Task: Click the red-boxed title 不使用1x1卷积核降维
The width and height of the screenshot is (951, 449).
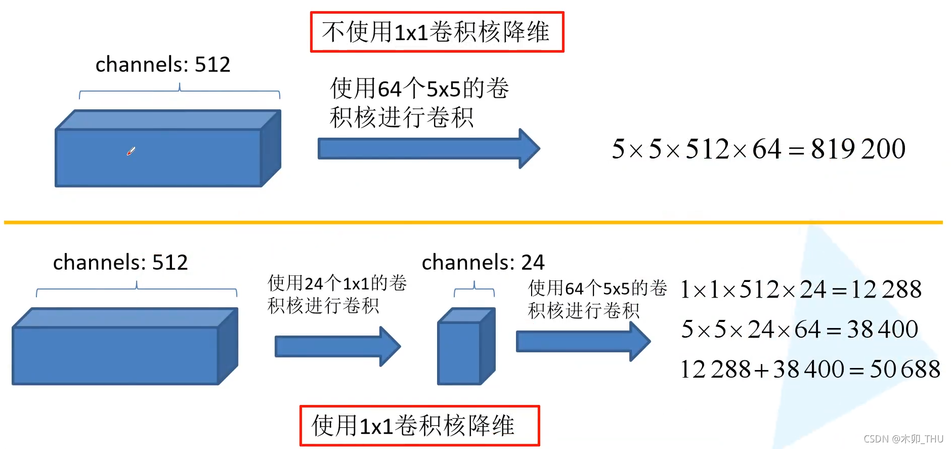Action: (x=437, y=32)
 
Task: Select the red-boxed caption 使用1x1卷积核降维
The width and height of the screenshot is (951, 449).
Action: (x=419, y=425)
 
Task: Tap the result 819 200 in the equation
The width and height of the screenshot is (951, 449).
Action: (x=858, y=149)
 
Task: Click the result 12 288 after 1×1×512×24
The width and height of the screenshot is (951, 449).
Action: (x=886, y=290)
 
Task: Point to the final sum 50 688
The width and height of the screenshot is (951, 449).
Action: (x=904, y=369)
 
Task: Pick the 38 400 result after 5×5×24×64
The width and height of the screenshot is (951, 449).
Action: (x=882, y=329)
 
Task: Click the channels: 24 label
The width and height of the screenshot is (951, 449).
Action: (x=483, y=262)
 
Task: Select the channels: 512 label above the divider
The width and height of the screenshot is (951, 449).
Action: (x=162, y=64)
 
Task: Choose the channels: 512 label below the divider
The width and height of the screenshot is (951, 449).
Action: (x=120, y=262)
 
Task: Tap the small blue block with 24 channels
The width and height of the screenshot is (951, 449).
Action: (x=465, y=347)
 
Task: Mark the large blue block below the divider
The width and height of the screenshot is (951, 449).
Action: (x=124, y=347)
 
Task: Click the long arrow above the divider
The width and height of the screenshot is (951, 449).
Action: (x=428, y=149)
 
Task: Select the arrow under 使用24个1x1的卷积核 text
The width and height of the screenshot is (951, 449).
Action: (x=337, y=347)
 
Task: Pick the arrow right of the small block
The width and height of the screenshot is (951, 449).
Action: (x=582, y=342)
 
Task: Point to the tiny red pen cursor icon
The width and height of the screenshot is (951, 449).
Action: (x=131, y=151)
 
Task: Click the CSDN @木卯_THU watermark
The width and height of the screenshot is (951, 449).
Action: (x=903, y=439)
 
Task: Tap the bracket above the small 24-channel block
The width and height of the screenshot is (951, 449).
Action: (x=474, y=290)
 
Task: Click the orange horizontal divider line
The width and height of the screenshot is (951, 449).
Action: (x=473, y=222)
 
